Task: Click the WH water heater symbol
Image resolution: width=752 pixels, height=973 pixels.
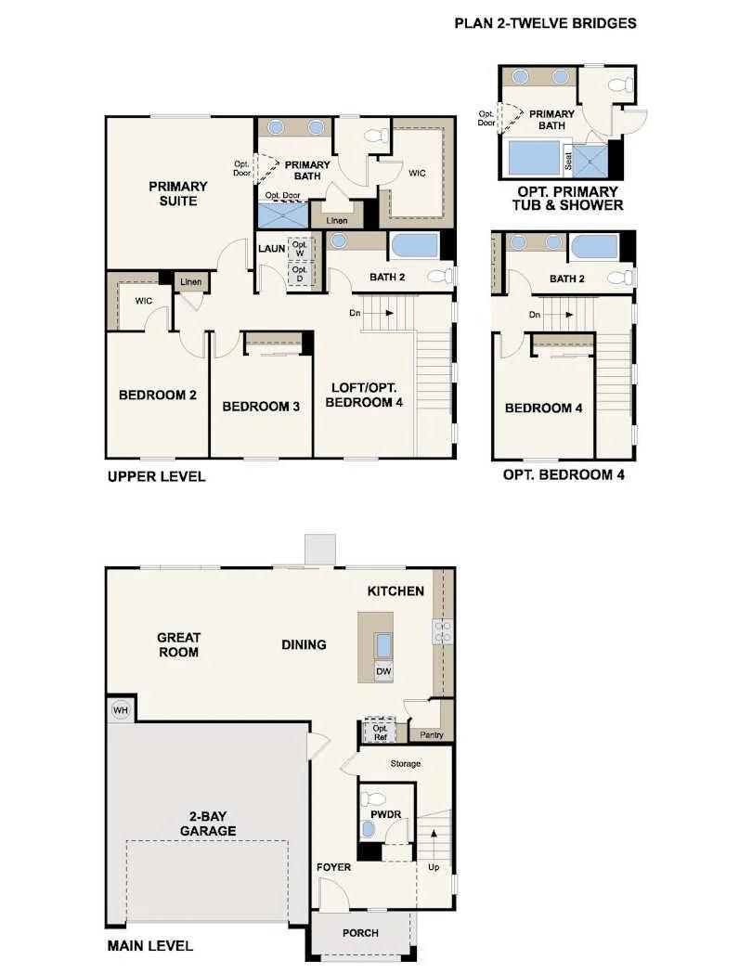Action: [x=121, y=710]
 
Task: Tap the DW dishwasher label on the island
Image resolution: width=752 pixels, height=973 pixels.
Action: [x=384, y=671]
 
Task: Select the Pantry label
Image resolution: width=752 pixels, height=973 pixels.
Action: [x=431, y=734]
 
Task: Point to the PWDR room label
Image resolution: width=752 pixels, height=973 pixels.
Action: [x=386, y=814]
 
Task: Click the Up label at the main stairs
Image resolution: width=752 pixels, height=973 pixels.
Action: [x=434, y=867]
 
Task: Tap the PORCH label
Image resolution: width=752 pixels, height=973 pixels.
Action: [x=360, y=933]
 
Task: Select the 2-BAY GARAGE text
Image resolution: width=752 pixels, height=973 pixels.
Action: [x=208, y=824]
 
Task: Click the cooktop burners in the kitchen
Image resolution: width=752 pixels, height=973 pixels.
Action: [x=443, y=631]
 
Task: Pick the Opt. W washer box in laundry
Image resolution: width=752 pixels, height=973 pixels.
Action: [x=300, y=249]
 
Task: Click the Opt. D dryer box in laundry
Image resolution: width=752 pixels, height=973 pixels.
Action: [x=300, y=274]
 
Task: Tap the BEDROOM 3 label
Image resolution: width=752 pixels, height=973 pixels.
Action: [x=261, y=407]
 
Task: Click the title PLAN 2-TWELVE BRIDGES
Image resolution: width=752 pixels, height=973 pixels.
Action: [x=545, y=23]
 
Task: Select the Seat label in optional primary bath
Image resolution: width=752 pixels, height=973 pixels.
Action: [x=568, y=162]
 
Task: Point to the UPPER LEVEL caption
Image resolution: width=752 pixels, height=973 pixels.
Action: [x=156, y=476]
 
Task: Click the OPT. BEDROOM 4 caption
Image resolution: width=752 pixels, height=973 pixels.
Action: [x=564, y=474]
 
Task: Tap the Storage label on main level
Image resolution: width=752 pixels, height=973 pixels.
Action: [x=405, y=763]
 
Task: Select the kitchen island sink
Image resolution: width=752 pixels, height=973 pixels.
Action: [x=384, y=646]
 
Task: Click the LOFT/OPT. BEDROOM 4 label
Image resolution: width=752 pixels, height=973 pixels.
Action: [x=364, y=396]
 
